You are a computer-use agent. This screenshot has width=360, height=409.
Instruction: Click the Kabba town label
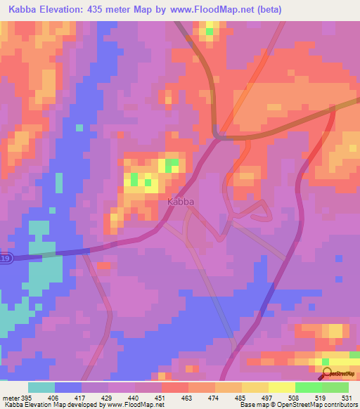[x=181, y=202]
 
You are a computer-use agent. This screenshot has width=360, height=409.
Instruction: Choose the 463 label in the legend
[x=186, y=397]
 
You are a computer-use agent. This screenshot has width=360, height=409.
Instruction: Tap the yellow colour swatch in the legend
[x=281, y=387]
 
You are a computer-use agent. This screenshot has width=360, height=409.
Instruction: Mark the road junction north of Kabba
[x=219, y=136]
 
